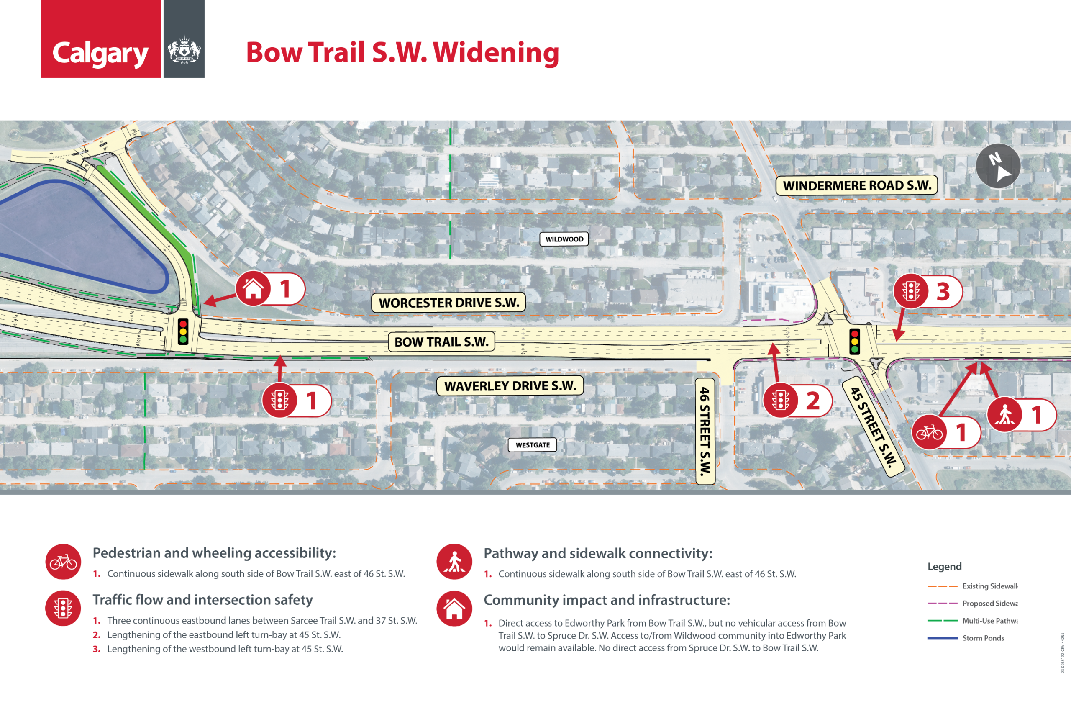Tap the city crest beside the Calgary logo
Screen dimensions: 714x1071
click(x=184, y=50)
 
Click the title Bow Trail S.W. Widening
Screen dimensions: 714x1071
click(x=402, y=52)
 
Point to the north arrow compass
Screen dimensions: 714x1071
click(x=998, y=166)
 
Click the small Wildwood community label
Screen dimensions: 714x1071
click(x=564, y=239)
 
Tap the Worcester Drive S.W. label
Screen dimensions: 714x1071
click(x=448, y=303)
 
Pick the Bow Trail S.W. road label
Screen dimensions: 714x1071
click(x=441, y=342)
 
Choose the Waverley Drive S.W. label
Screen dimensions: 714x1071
click(x=510, y=386)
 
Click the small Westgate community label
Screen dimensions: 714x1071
click(x=532, y=445)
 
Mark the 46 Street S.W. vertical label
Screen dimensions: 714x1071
click(x=705, y=431)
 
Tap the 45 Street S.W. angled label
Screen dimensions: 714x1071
click(x=873, y=426)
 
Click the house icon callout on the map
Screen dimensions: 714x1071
click(x=254, y=289)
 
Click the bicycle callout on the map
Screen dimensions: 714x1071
click(x=930, y=433)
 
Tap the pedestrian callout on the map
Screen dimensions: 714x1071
click(x=1004, y=415)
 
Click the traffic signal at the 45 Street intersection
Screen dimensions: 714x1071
click(x=854, y=342)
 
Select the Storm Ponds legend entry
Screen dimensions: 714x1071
click(x=982, y=638)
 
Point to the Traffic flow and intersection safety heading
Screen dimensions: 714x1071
click(x=202, y=600)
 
